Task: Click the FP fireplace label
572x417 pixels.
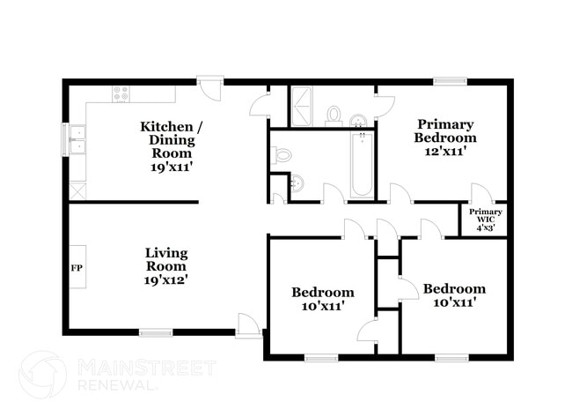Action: coord(77,268)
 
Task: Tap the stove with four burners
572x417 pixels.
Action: coord(121,93)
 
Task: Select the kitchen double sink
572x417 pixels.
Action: coord(77,139)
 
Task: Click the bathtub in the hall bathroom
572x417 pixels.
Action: coord(362,165)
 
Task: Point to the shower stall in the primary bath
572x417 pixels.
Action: coord(301,107)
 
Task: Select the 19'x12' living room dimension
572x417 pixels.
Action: coord(166,280)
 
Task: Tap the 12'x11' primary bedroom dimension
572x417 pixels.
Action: coord(445,152)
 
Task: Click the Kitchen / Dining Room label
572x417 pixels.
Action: coord(172,139)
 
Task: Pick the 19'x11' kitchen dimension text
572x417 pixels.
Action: coord(172,168)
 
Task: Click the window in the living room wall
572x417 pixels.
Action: coord(156,332)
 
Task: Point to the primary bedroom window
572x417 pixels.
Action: coord(451,81)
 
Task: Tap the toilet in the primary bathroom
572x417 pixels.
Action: coord(334,115)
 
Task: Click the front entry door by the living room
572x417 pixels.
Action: coord(248,325)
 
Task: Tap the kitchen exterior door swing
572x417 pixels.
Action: coord(210,87)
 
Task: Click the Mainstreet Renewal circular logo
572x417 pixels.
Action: coord(43,374)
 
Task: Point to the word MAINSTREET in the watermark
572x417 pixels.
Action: coord(147,368)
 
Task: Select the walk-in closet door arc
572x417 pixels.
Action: coord(482,192)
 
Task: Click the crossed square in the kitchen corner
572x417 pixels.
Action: coord(77,191)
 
